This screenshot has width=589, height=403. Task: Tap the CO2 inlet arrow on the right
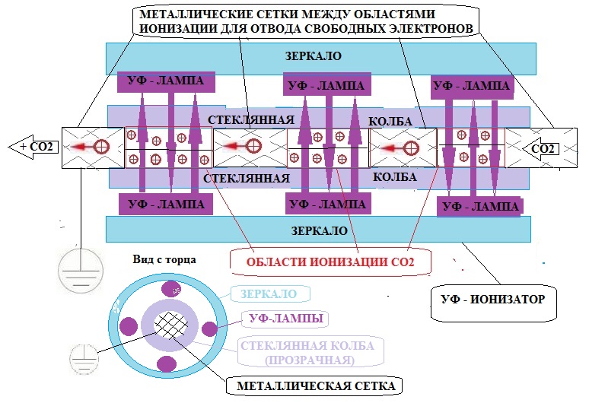542,148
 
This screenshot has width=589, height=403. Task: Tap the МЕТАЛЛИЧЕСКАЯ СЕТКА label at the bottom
315,386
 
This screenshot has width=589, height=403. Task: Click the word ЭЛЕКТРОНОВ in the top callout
437,28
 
